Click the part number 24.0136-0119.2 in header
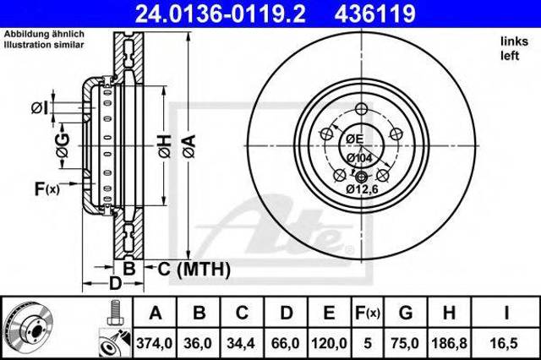coord(220,14)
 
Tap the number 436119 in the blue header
coord(375,14)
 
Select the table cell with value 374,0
coord(154,343)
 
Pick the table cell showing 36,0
coord(198,343)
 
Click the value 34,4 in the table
coord(241,343)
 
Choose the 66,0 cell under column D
coord(286,343)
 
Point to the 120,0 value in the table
coord(329,343)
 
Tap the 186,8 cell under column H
coord(449,343)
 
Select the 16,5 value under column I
coord(505,343)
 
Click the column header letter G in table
coord(406,314)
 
